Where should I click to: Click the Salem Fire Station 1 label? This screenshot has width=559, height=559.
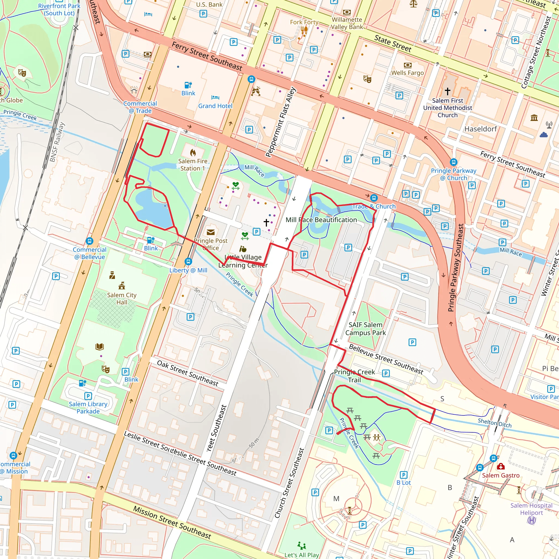click(x=193, y=165)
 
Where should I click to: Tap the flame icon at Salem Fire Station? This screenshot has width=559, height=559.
click(x=193, y=152)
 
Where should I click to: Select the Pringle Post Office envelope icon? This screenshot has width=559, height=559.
click(x=211, y=232)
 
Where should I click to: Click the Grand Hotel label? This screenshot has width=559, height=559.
click(x=215, y=106)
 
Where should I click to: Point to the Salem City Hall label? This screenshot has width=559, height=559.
click(x=121, y=299)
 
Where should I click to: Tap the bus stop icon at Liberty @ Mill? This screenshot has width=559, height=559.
click(x=188, y=261)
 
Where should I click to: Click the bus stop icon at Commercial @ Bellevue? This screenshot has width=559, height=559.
click(x=90, y=241)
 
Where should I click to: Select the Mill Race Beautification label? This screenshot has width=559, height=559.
click(x=321, y=220)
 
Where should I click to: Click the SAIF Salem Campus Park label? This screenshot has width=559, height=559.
click(x=365, y=329)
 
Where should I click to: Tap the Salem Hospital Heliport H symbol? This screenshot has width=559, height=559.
click(x=531, y=520)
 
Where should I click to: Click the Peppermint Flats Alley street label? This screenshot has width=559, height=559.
click(x=281, y=122)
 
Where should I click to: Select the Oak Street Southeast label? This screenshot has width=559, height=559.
click(x=188, y=373)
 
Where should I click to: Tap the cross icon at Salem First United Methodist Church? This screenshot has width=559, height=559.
click(x=447, y=91)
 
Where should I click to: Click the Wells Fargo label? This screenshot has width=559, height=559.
click(x=408, y=73)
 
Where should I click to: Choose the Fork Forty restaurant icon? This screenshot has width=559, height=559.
click(x=304, y=30)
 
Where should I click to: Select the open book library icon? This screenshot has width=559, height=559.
click(x=100, y=347)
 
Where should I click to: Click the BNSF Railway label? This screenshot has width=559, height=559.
click(x=57, y=142)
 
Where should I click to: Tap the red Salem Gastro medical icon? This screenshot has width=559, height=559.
click(x=501, y=466)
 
